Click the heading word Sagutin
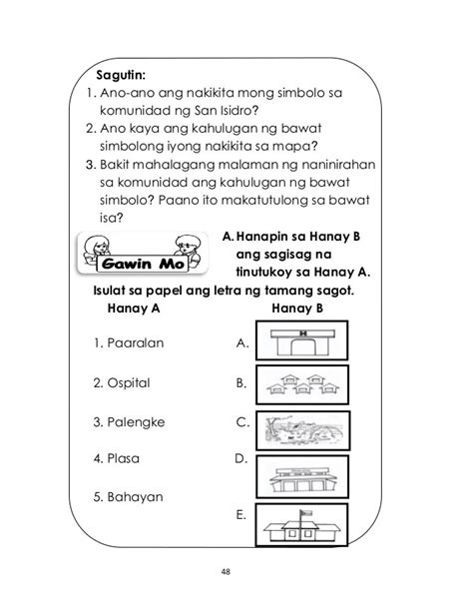pyautogui.click(x=121, y=75)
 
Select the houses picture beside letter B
pyautogui.click(x=298, y=383)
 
